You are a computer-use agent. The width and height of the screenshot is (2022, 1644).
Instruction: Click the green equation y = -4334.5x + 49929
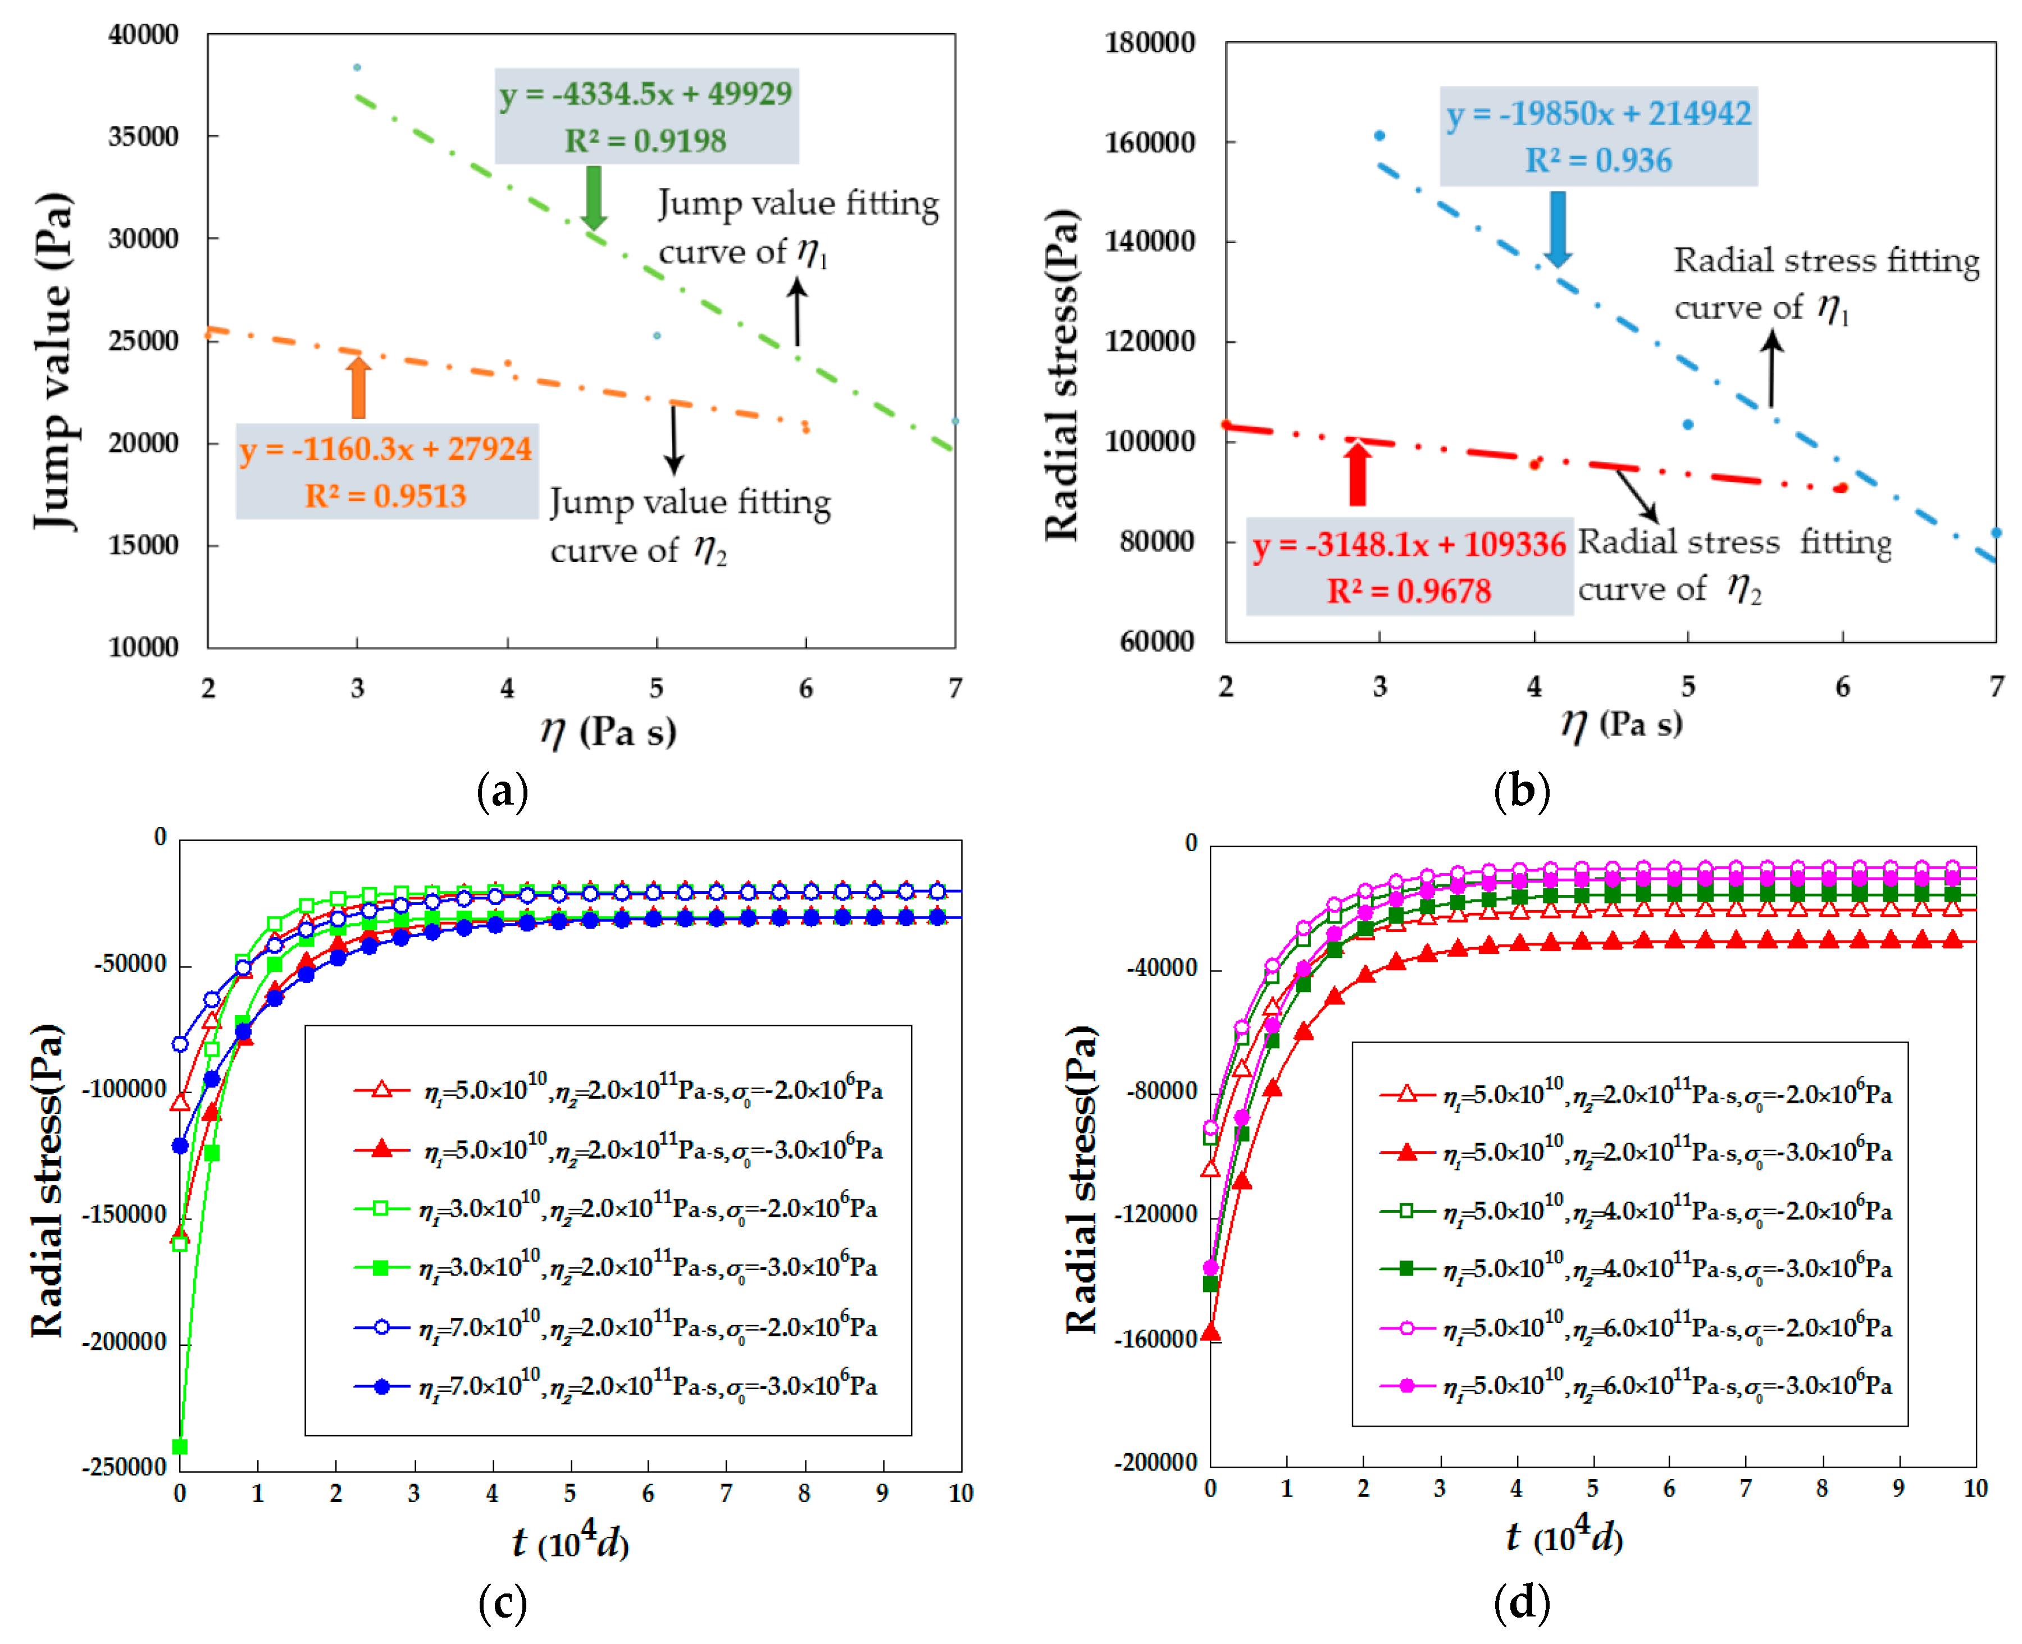[x=646, y=94]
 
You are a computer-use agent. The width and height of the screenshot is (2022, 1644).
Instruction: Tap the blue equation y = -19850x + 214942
[x=1599, y=113]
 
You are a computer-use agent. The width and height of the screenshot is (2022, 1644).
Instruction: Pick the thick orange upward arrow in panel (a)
[x=358, y=386]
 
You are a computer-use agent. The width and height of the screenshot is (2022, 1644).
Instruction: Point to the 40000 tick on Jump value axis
[x=143, y=35]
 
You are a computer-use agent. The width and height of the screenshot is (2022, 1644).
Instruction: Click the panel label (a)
[x=503, y=791]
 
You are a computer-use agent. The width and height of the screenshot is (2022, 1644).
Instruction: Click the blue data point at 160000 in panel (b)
[x=1380, y=135]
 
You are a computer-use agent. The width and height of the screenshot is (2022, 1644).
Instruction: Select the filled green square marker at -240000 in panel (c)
[x=180, y=1446]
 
